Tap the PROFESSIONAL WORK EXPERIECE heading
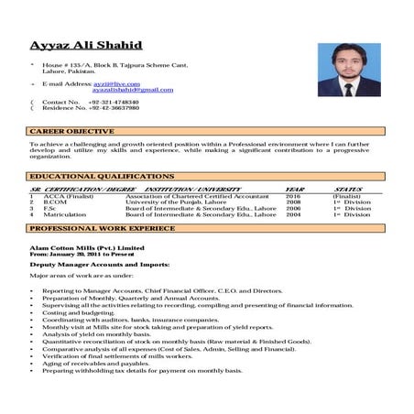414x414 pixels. click(x=102, y=228)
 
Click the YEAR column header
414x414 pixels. click(x=294, y=189)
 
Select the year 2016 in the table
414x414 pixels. click(x=293, y=196)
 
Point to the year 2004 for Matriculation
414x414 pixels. click(x=293, y=215)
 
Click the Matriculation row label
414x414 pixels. click(x=63, y=215)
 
